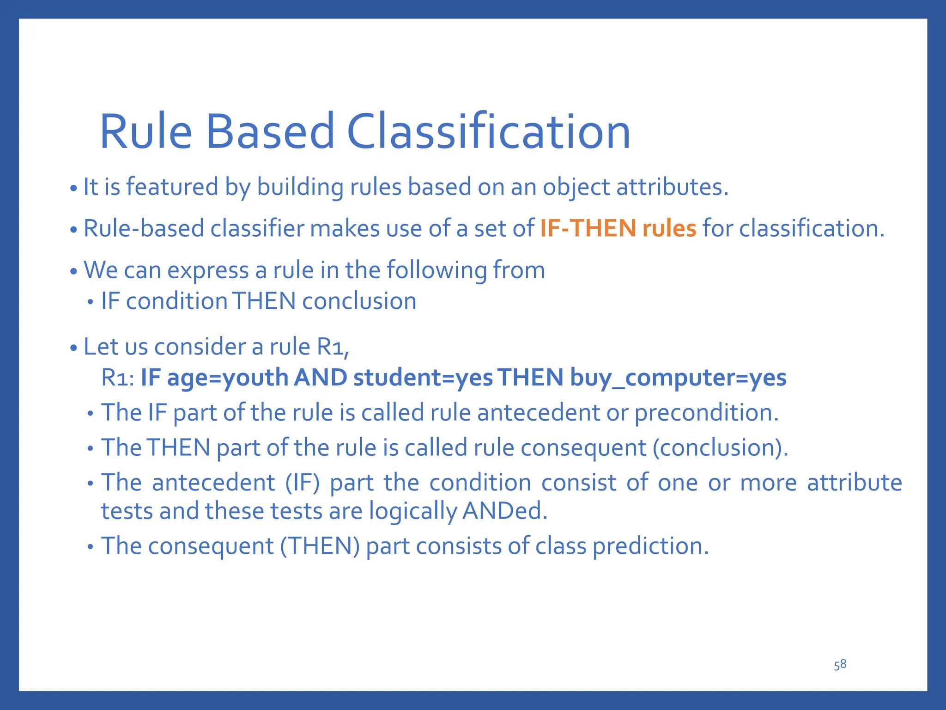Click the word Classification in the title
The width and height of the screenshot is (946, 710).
pyautogui.click(x=488, y=132)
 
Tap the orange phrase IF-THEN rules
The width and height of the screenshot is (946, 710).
pyautogui.click(x=618, y=228)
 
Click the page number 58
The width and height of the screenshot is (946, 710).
pyautogui.click(x=840, y=665)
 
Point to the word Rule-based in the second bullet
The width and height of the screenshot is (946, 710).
pyautogui.click(x=143, y=228)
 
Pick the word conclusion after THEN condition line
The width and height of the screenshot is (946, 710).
pyautogui.click(x=359, y=301)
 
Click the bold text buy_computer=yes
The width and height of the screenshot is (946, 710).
pyautogui.click(x=678, y=378)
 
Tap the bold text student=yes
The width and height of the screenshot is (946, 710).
pyautogui.click(x=423, y=378)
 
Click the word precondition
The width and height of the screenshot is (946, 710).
pyautogui.click(x=706, y=413)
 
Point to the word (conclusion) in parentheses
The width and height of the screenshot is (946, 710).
pyautogui.click(x=720, y=448)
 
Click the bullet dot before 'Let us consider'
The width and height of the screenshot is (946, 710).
pyautogui.click(x=73, y=348)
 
